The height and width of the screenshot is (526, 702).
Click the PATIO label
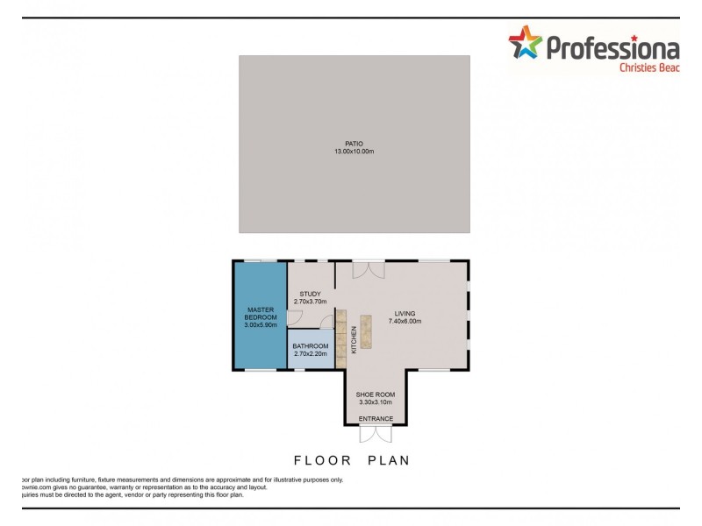[354, 144]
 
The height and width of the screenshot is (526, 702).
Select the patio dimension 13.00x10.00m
[354, 152]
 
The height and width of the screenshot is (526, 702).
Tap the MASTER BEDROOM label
[261, 313]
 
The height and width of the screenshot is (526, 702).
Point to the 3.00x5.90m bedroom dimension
[261, 325]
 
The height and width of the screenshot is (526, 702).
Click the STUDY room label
[310, 294]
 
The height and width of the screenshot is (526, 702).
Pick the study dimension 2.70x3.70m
[310, 302]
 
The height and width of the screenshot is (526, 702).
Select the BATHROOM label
[310, 346]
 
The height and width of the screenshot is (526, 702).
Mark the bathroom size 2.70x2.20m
[310, 354]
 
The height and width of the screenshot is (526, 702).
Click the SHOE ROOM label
[376, 395]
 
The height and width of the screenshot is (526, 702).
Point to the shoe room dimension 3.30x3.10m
[376, 403]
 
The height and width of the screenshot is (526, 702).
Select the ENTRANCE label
[376, 419]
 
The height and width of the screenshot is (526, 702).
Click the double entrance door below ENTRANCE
[376, 432]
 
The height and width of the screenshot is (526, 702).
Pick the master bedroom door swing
[296, 317]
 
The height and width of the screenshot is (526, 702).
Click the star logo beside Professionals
[526, 44]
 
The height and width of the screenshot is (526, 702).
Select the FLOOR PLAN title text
[352, 459]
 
